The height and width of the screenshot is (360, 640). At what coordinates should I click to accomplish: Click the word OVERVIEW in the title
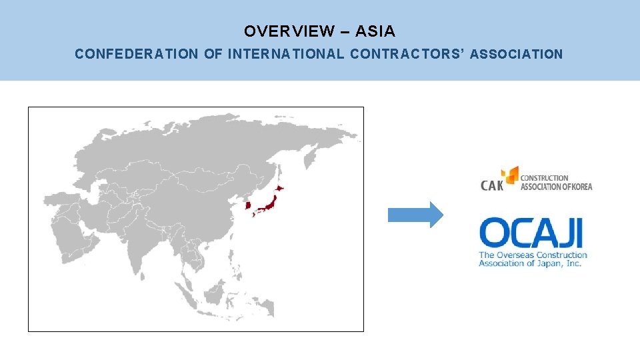[x=289, y=31]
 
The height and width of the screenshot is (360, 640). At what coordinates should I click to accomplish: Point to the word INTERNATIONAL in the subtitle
[x=286, y=55]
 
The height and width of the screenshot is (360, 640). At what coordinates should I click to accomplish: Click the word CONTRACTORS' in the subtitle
[x=407, y=55]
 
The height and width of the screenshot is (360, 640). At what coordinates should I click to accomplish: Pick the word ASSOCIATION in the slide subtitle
[x=516, y=55]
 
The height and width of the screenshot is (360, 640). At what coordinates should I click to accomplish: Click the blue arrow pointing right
[x=415, y=215]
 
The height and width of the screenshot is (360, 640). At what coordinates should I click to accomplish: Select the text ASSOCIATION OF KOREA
[x=556, y=187]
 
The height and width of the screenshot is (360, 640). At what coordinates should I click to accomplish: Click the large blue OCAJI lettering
[x=531, y=233]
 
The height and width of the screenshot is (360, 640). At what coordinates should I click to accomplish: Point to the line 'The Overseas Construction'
[x=533, y=255]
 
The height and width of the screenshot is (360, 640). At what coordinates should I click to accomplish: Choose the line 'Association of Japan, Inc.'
[x=530, y=263]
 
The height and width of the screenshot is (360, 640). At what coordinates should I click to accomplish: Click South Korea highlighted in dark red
[x=248, y=205]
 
